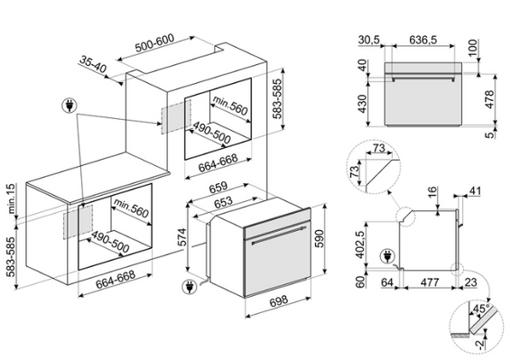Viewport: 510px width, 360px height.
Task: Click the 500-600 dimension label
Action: [154, 43]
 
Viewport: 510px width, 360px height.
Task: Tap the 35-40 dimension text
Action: [93, 64]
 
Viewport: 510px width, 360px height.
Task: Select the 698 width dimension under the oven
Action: [279, 300]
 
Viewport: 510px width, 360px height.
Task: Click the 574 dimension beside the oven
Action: [182, 237]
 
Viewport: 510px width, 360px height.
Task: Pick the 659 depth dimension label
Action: [218, 188]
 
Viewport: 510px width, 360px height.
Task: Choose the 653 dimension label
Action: [224, 201]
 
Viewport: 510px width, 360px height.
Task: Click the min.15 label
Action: [11, 198]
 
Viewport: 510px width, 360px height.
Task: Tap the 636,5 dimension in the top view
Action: [422, 40]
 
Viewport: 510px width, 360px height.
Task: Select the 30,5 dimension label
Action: [369, 40]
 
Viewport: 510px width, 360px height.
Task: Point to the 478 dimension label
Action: [489, 99]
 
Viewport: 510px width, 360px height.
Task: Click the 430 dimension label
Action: [362, 104]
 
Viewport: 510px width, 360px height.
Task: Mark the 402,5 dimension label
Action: [360, 243]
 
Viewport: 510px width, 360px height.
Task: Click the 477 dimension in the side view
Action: [430, 282]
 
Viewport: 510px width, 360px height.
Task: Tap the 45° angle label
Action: [482, 309]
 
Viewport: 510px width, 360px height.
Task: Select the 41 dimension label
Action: [475, 191]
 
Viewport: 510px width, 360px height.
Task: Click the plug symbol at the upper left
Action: [70, 105]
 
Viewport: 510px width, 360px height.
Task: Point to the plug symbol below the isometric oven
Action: [190, 287]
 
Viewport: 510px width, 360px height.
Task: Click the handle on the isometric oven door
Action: [280, 235]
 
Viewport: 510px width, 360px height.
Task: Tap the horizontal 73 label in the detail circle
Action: [378, 148]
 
